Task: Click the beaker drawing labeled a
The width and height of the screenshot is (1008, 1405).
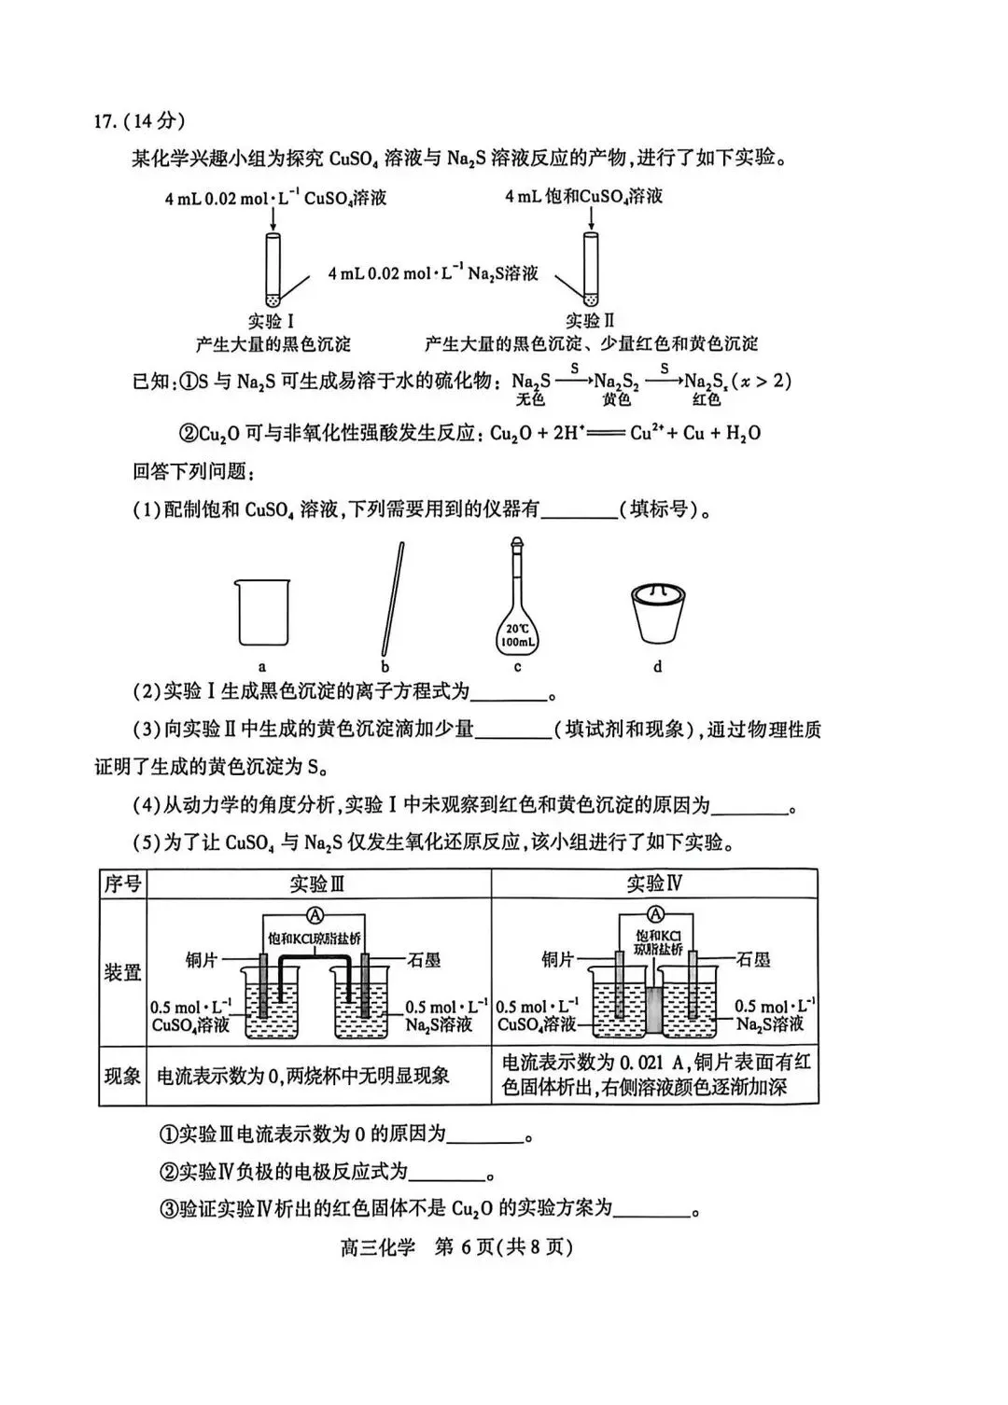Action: pyautogui.click(x=263, y=612)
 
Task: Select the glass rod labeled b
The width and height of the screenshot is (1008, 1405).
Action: pyautogui.click(x=393, y=598)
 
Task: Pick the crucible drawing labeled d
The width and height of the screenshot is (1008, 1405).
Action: pyautogui.click(x=658, y=614)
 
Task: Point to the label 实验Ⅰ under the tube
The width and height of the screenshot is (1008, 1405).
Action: pyautogui.click(x=273, y=322)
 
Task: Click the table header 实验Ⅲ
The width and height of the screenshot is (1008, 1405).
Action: pyautogui.click(x=317, y=883)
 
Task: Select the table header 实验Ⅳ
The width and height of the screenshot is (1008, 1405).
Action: pyautogui.click(x=655, y=883)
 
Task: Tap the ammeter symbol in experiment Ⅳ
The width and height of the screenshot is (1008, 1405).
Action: pyautogui.click(x=656, y=913)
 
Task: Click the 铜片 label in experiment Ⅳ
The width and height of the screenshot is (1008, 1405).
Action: pyautogui.click(x=558, y=959)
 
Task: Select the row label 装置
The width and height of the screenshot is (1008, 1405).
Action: pyautogui.click(x=122, y=972)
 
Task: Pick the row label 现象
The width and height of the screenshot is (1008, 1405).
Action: pyautogui.click(x=122, y=1076)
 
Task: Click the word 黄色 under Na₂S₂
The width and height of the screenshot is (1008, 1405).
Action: pyautogui.click(x=616, y=400)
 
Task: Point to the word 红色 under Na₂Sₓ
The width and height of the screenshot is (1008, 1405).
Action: pyautogui.click(x=707, y=400)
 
